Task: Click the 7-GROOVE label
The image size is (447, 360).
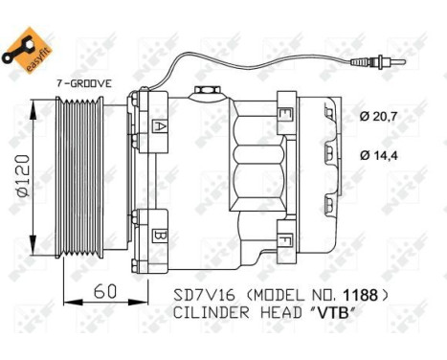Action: click(83, 83)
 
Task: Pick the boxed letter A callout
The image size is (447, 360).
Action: click(160, 125)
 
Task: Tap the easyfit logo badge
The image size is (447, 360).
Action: click(27, 47)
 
